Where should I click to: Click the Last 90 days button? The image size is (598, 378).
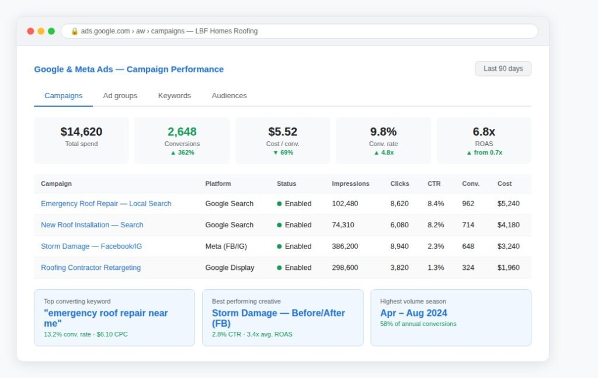503,69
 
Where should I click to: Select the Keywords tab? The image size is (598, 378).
174,96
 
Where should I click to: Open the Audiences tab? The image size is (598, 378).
229,96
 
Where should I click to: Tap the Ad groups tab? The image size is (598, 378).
120,96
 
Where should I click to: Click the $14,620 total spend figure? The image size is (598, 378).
81,131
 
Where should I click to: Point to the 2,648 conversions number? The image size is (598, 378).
182,131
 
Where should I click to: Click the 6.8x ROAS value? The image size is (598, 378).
484,131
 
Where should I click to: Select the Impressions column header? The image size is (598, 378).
350,183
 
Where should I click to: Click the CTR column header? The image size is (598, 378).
434,183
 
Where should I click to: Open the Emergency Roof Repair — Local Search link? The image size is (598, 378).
106,204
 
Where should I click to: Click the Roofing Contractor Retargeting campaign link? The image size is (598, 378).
91,268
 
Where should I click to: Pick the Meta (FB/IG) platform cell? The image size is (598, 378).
226,247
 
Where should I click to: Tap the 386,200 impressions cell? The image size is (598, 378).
345,247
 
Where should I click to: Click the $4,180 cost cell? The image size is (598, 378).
509,225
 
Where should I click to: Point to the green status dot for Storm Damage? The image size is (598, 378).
279,247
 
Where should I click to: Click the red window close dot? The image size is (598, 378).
30,32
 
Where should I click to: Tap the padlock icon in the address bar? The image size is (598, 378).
74,32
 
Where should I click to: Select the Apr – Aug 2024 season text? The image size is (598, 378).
413,313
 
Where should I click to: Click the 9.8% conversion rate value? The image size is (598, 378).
383,131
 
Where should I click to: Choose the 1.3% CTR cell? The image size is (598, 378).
436,268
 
